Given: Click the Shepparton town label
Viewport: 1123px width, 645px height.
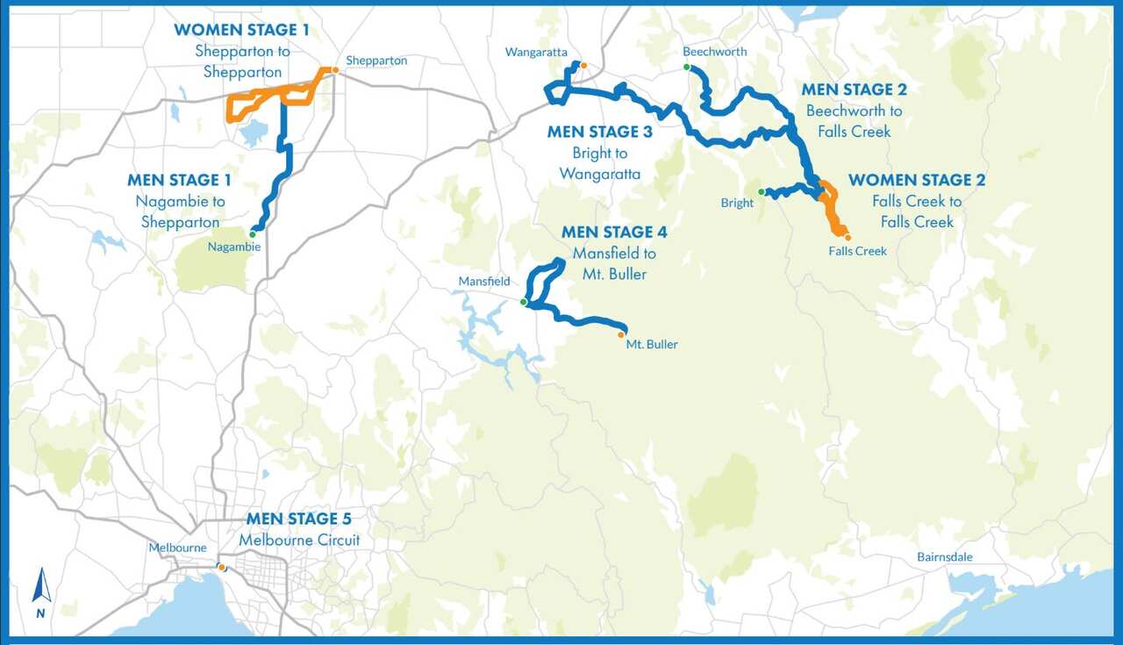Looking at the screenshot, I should click(x=376, y=61).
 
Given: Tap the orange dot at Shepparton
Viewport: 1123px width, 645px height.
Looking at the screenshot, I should click(x=334, y=70).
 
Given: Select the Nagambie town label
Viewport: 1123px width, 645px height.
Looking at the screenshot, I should click(x=234, y=247).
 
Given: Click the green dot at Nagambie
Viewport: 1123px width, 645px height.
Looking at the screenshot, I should click(x=253, y=234).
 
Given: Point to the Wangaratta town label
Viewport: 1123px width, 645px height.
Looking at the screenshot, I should click(x=536, y=53).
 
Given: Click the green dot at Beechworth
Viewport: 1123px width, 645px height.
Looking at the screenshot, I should click(x=687, y=67).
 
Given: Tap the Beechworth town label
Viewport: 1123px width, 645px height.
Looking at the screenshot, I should click(x=714, y=52).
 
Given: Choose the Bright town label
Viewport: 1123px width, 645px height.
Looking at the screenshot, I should click(x=737, y=203).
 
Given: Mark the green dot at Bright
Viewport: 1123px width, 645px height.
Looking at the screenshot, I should click(x=762, y=191).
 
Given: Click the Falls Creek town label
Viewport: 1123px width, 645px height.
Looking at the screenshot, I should click(x=857, y=251).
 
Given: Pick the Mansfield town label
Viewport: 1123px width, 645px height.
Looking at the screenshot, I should click(x=484, y=282).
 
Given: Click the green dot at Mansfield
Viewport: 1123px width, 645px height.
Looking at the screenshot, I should click(x=523, y=302).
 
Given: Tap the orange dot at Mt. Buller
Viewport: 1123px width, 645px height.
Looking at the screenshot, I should click(x=621, y=334).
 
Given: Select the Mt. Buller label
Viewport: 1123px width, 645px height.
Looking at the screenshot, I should click(x=652, y=345).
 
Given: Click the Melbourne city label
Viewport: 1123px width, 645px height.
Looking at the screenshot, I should click(x=177, y=548).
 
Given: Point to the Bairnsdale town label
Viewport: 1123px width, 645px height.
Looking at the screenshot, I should click(x=945, y=557).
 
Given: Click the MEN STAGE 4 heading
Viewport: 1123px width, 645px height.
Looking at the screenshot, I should click(x=614, y=233).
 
